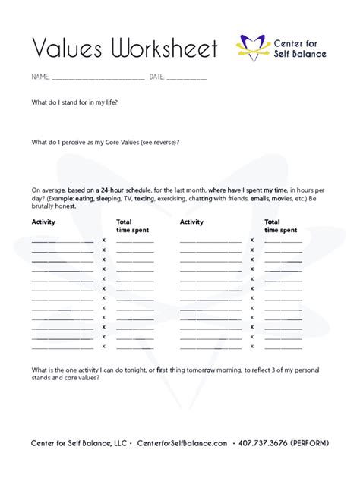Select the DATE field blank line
click(x=186, y=78)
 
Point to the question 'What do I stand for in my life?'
click(x=74, y=102)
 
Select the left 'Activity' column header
click(x=43, y=222)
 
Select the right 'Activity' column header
click(x=191, y=222)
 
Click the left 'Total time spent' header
click(x=132, y=226)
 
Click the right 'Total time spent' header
click(x=280, y=226)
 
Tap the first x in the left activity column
click(x=104, y=241)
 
